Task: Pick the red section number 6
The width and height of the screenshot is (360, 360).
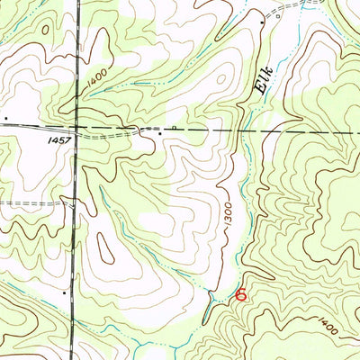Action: tap(240, 294)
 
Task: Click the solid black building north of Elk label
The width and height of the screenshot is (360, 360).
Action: tap(262, 21)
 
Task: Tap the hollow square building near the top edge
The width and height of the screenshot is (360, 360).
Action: tap(278, 15)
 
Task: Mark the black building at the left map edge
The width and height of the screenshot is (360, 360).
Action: tap(5, 117)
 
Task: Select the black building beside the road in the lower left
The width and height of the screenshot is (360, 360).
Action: tap(66, 292)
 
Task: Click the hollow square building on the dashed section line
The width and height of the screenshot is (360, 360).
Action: tap(174, 128)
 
